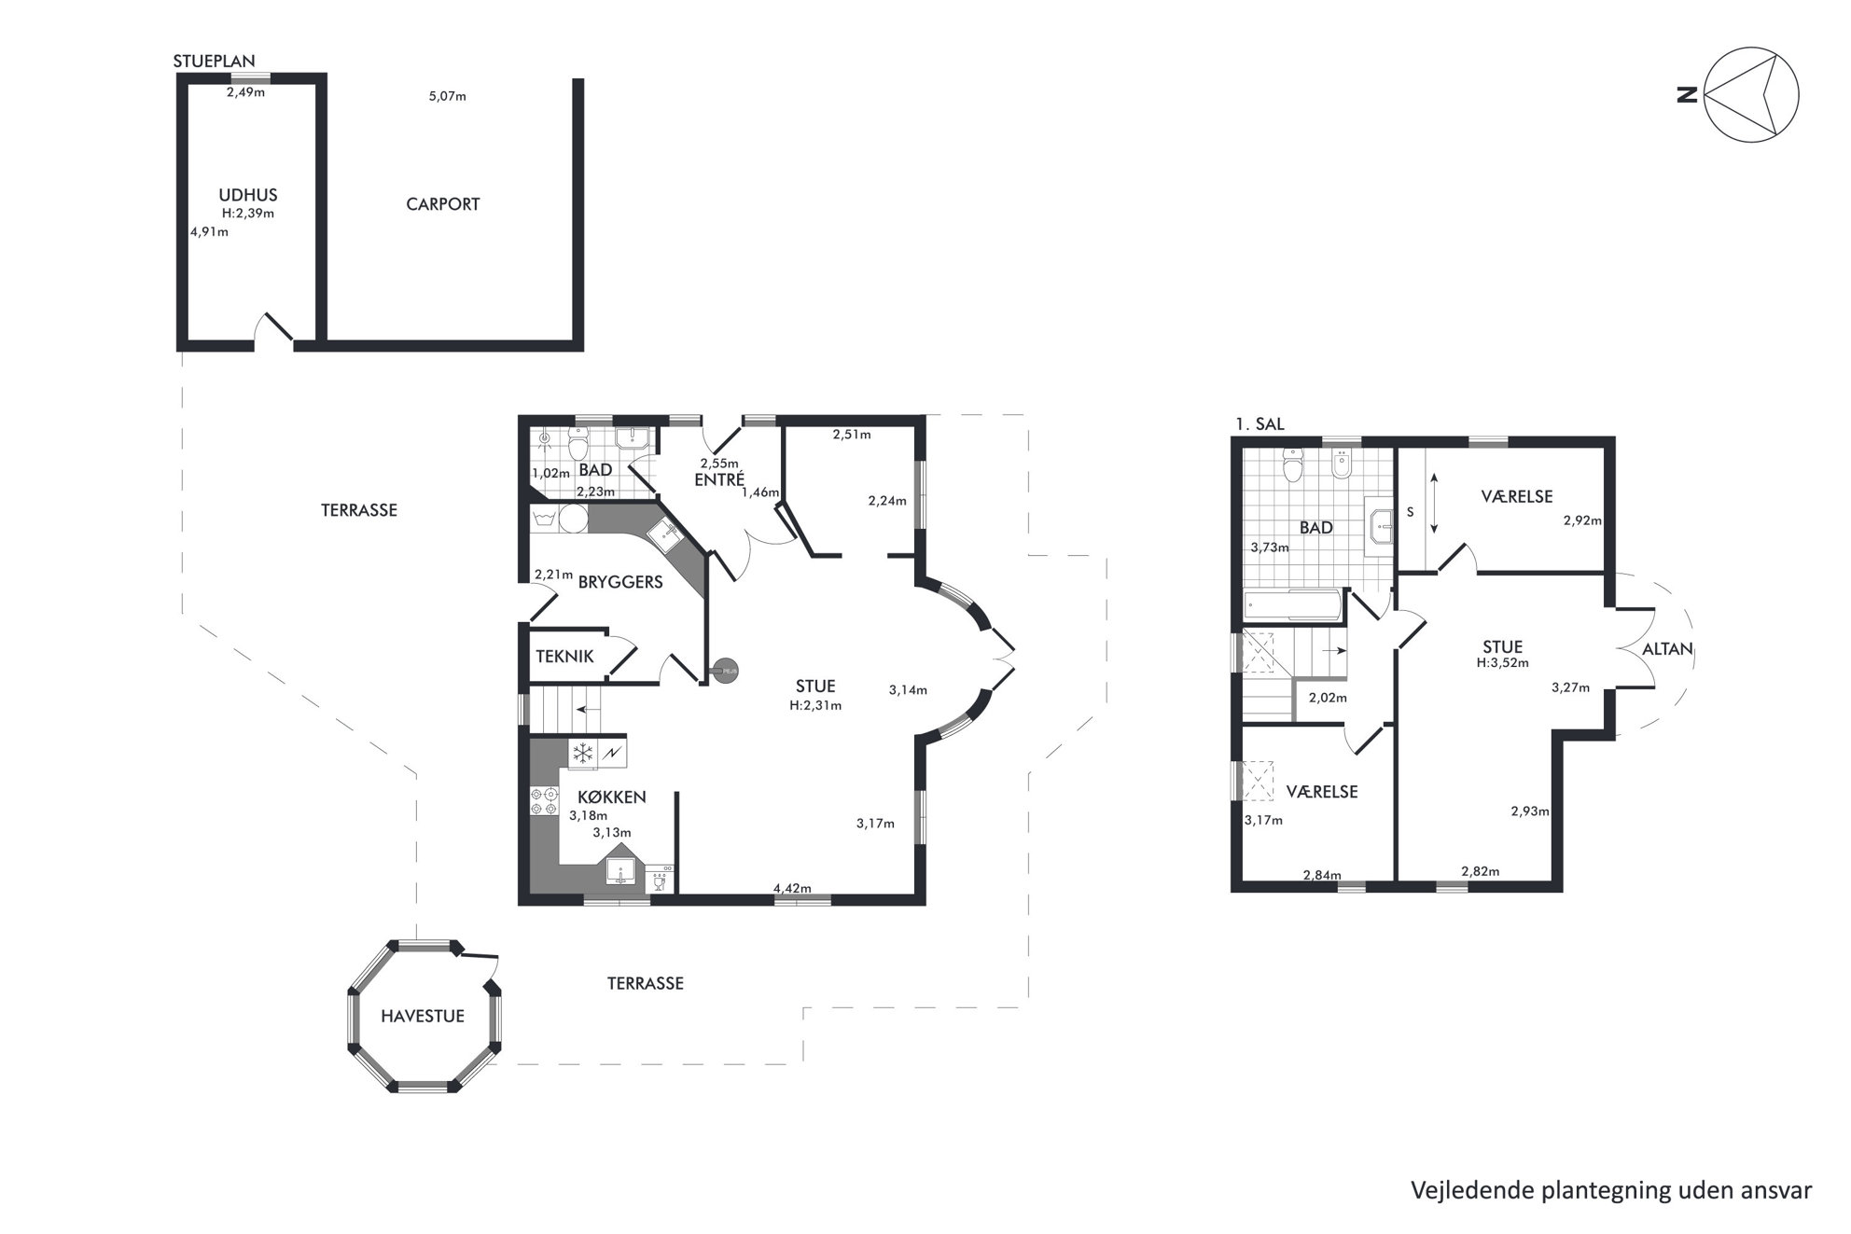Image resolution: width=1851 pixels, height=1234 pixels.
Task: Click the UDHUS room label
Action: (x=248, y=196)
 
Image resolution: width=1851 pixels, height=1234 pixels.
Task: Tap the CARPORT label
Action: (x=443, y=204)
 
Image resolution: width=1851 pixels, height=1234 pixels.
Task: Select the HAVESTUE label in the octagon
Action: (x=423, y=1017)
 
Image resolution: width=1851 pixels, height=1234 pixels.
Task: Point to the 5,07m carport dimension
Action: (x=448, y=96)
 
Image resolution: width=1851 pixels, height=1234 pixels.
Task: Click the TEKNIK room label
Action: (x=564, y=657)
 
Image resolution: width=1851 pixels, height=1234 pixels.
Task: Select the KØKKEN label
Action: (x=612, y=797)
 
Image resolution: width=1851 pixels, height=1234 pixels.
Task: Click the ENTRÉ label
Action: (x=719, y=480)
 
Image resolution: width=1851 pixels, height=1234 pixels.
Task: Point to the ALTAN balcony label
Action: (x=1668, y=649)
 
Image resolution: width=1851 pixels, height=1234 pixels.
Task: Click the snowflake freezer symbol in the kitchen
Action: (x=583, y=753)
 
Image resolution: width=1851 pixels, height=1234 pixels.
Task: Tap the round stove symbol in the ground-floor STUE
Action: (x=725, y=668)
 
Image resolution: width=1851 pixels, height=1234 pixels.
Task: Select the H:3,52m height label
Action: (x=1503, y=663)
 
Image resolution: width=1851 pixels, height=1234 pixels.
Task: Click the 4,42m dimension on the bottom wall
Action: (x=792, y=888)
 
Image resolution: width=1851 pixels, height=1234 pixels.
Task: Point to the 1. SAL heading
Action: (x=1260, y=424)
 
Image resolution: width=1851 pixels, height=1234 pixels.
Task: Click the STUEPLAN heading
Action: (x=214, y=62)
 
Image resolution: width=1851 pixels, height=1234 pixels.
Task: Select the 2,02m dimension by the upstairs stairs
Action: (x=1328, y=698)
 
